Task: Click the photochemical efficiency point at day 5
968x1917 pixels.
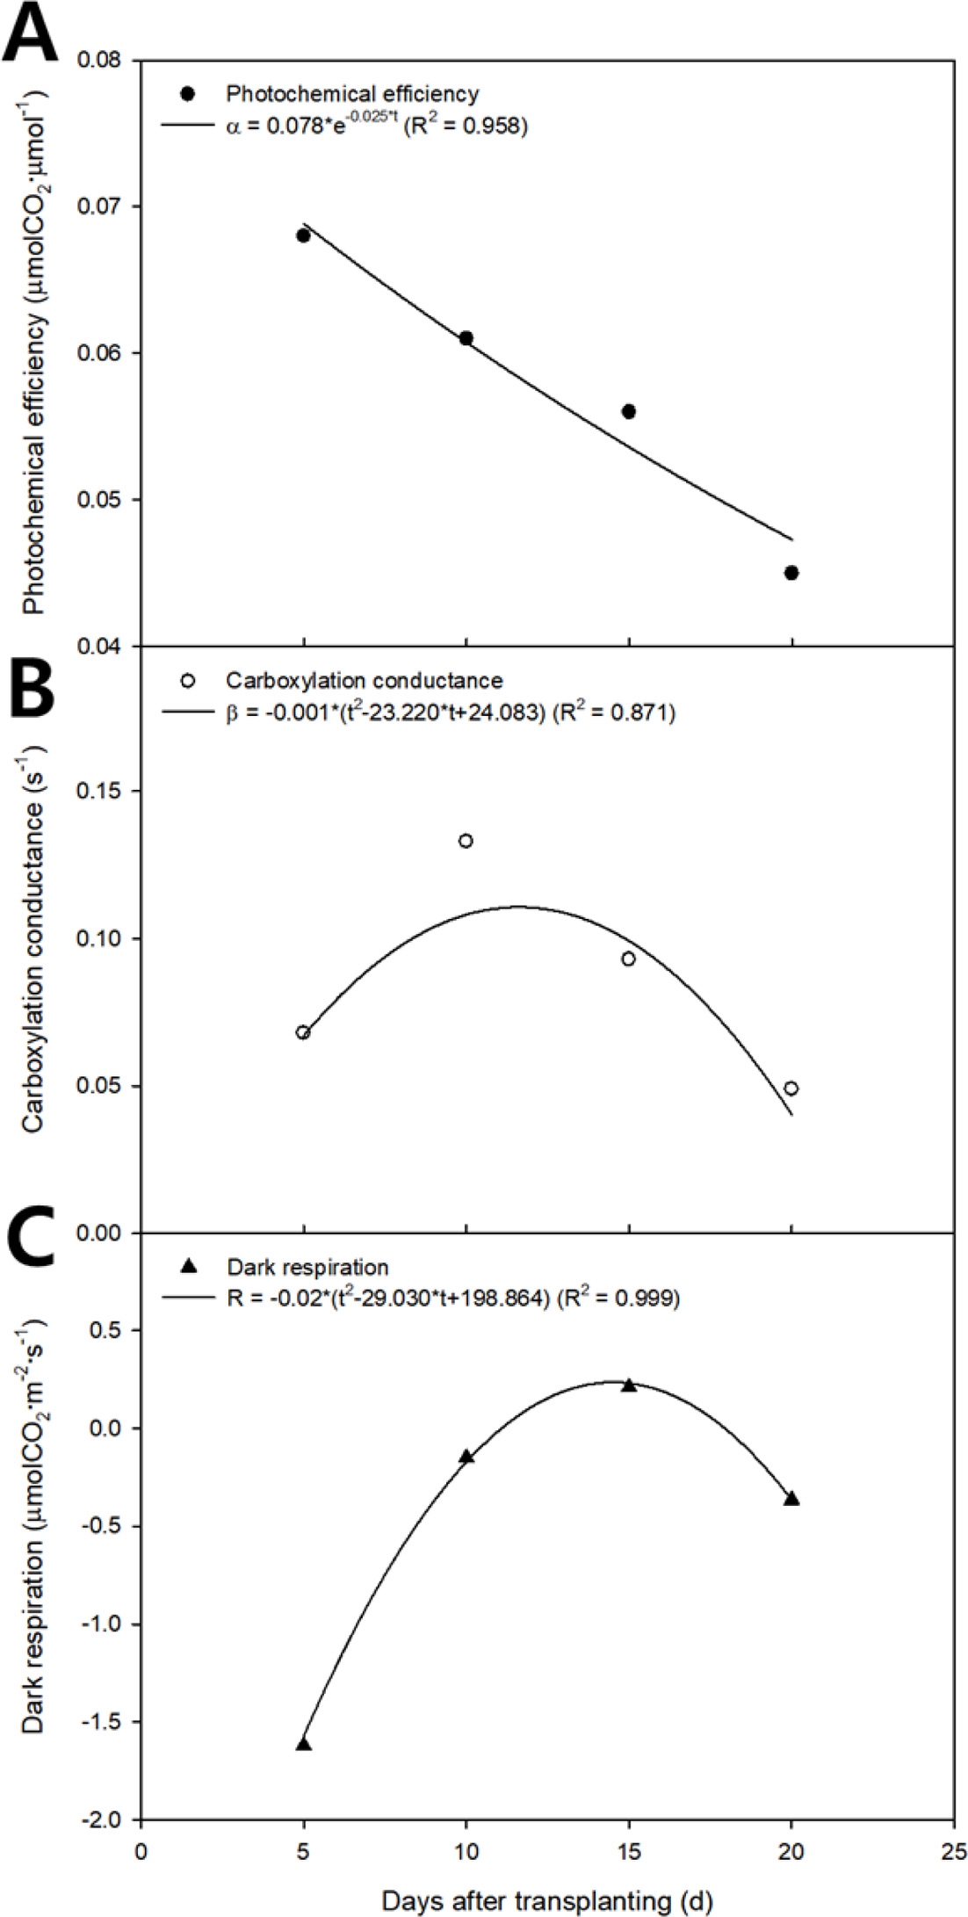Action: (303, 235)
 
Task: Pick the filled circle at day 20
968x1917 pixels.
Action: (791, 573)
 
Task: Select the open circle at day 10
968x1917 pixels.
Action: (466, 841)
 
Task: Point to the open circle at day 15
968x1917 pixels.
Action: (628, 958)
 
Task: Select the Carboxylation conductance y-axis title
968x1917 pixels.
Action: (34, 937)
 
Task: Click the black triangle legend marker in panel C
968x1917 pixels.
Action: (185, 1266)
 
